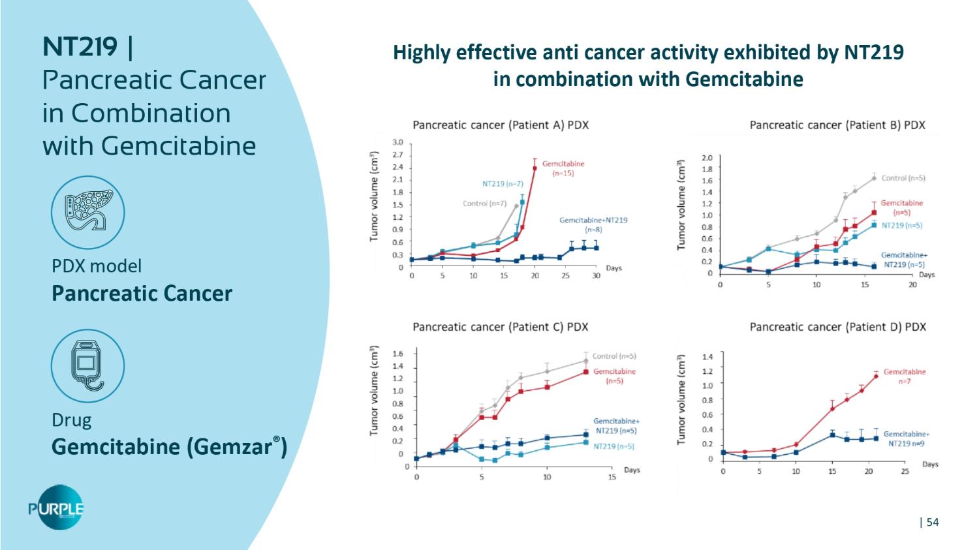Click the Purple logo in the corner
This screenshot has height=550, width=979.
(x=57, y=508)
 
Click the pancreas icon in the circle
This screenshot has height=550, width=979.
(x=87, y=212)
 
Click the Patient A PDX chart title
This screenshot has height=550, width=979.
(x=501, y=125)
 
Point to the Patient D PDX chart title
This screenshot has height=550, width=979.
(x=837, y=327)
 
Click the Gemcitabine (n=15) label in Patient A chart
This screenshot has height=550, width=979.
(x=563, y=168)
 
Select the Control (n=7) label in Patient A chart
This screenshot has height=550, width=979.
(x=484, y=204)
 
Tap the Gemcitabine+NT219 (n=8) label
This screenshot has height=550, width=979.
(x=593, y=224)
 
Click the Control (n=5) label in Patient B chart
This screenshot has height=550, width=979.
(x=903, y=178)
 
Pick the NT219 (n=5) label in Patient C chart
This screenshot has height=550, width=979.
(x=614, y=446)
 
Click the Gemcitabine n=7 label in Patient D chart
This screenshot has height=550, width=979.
(x=905, y=376)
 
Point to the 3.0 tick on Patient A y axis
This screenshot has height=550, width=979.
(x=397, y=142)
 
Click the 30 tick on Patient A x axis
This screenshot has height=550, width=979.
(x=596, y=276)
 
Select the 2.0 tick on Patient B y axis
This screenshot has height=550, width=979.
(x=707, y=158)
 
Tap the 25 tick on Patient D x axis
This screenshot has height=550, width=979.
(x=905, y=472)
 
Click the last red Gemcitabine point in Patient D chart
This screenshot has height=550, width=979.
(x=876, y=376)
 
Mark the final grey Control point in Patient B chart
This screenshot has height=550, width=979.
(x=874, y=178)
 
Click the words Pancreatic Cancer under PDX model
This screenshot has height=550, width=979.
(x=142, y=294)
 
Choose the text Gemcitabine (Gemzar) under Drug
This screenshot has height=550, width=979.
(x=169, y=447)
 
